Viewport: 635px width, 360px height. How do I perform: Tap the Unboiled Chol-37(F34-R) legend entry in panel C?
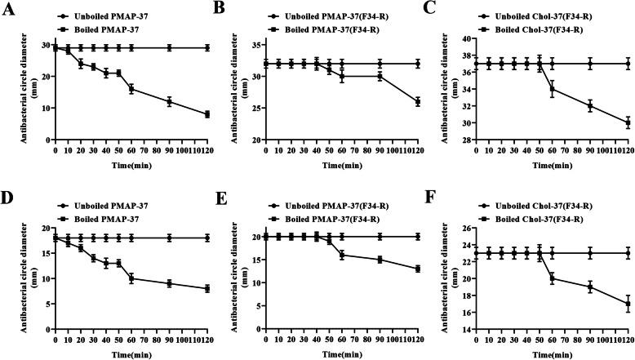tap(533, 16)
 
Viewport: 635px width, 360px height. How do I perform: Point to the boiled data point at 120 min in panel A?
tap(207, 114)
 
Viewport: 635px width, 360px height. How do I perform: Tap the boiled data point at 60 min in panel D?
tap(131, 278)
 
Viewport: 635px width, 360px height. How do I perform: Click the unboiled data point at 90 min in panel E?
tap(380, 237)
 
